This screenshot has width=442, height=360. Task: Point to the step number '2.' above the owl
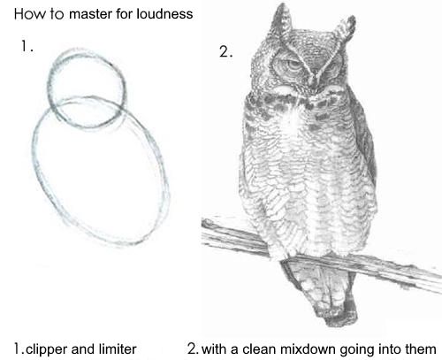tap(225, 52)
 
